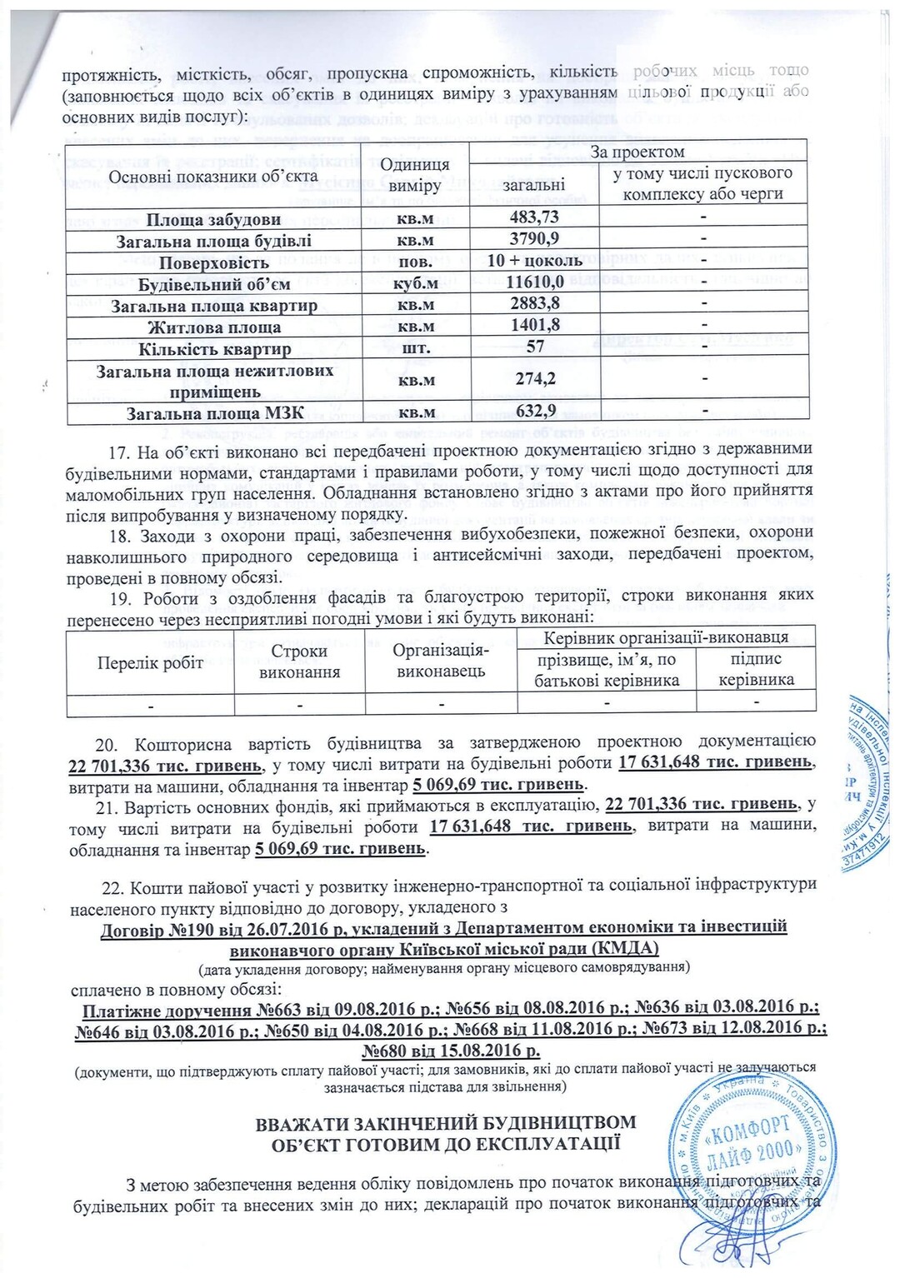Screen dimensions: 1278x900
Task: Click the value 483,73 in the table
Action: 534,218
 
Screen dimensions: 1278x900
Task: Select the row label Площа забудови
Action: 213,219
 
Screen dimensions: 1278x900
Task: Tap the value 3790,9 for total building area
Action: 534,240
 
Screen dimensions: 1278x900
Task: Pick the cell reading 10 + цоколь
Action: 534,262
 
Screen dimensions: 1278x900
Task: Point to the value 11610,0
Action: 534,283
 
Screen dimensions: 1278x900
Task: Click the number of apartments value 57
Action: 535,347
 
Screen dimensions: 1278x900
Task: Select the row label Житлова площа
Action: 214,327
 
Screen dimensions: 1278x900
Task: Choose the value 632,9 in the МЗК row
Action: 534,412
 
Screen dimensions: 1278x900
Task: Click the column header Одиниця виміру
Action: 419,175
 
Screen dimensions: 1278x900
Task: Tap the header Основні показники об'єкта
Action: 213,176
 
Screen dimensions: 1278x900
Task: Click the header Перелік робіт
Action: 150,663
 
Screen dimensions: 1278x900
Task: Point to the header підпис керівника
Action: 756,669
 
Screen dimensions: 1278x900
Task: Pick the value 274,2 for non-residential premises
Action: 534,380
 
